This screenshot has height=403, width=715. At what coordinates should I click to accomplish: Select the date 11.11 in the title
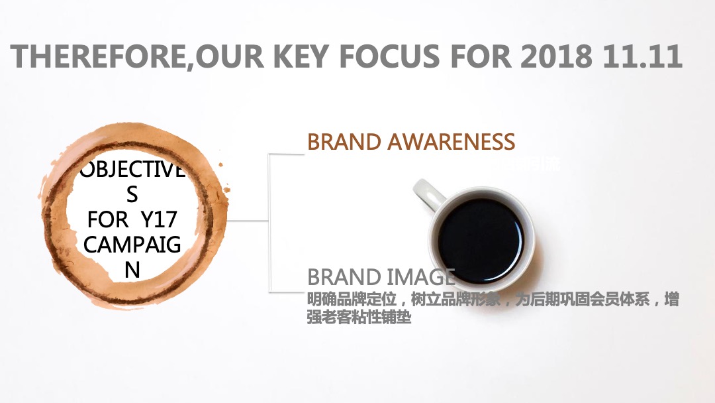click(x=642, y=56)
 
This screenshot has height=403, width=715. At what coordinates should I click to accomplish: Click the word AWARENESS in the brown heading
click(x=451, y=142)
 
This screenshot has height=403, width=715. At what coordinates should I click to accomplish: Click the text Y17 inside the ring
click(x=160, y=219)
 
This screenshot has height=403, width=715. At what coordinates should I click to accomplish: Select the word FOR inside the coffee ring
click(x=107, y=219)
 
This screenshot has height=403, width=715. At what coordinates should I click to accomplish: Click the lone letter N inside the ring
click(x=132, y=270)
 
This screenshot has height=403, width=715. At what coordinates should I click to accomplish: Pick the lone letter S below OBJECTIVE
click(x=132, y=194)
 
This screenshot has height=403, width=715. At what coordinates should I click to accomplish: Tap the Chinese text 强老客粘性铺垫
click(x=359, y=318)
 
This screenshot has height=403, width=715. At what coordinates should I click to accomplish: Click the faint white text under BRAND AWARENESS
click(x=530, y=162)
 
